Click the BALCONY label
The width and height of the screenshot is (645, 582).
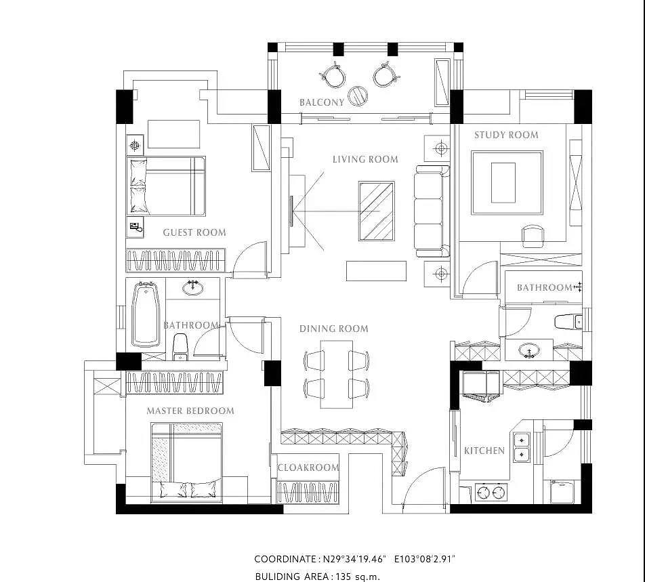321,102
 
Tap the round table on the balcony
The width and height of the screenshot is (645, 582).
358,96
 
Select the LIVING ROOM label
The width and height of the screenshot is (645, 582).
365,159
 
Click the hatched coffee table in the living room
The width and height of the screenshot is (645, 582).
377,211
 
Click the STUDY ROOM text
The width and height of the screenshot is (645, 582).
506,135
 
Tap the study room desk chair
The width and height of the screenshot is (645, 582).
533,236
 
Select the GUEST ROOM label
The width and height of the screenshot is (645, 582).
194,232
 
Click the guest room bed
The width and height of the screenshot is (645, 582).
166,186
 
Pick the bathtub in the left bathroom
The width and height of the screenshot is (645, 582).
146,314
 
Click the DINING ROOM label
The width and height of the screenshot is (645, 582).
333,329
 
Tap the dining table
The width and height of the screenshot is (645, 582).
337,374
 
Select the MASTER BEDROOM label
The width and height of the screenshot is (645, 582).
190,411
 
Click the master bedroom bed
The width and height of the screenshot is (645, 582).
186,463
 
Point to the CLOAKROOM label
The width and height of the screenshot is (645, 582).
308,467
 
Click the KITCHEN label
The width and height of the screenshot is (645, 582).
484,451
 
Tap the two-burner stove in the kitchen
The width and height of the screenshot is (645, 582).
491,492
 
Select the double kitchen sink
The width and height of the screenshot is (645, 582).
522,447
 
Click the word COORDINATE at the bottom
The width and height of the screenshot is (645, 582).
285,559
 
